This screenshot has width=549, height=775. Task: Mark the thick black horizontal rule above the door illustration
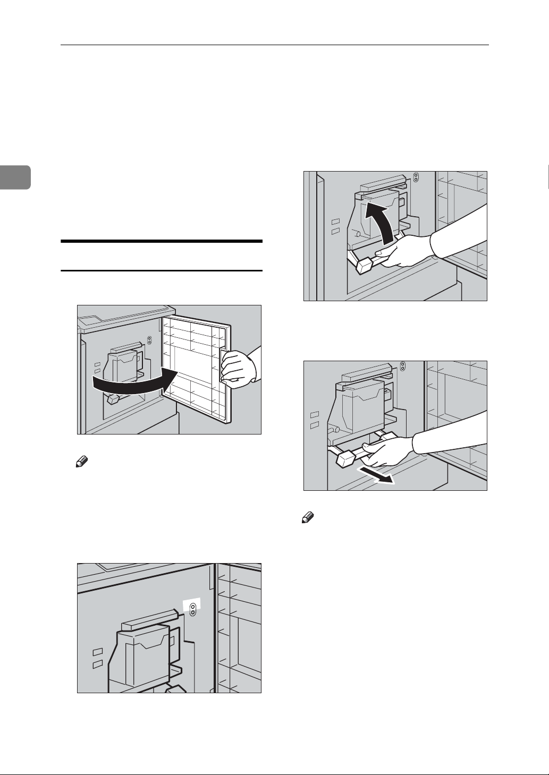tap(162, 242)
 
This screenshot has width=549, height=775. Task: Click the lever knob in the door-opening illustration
tap(113, 398)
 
